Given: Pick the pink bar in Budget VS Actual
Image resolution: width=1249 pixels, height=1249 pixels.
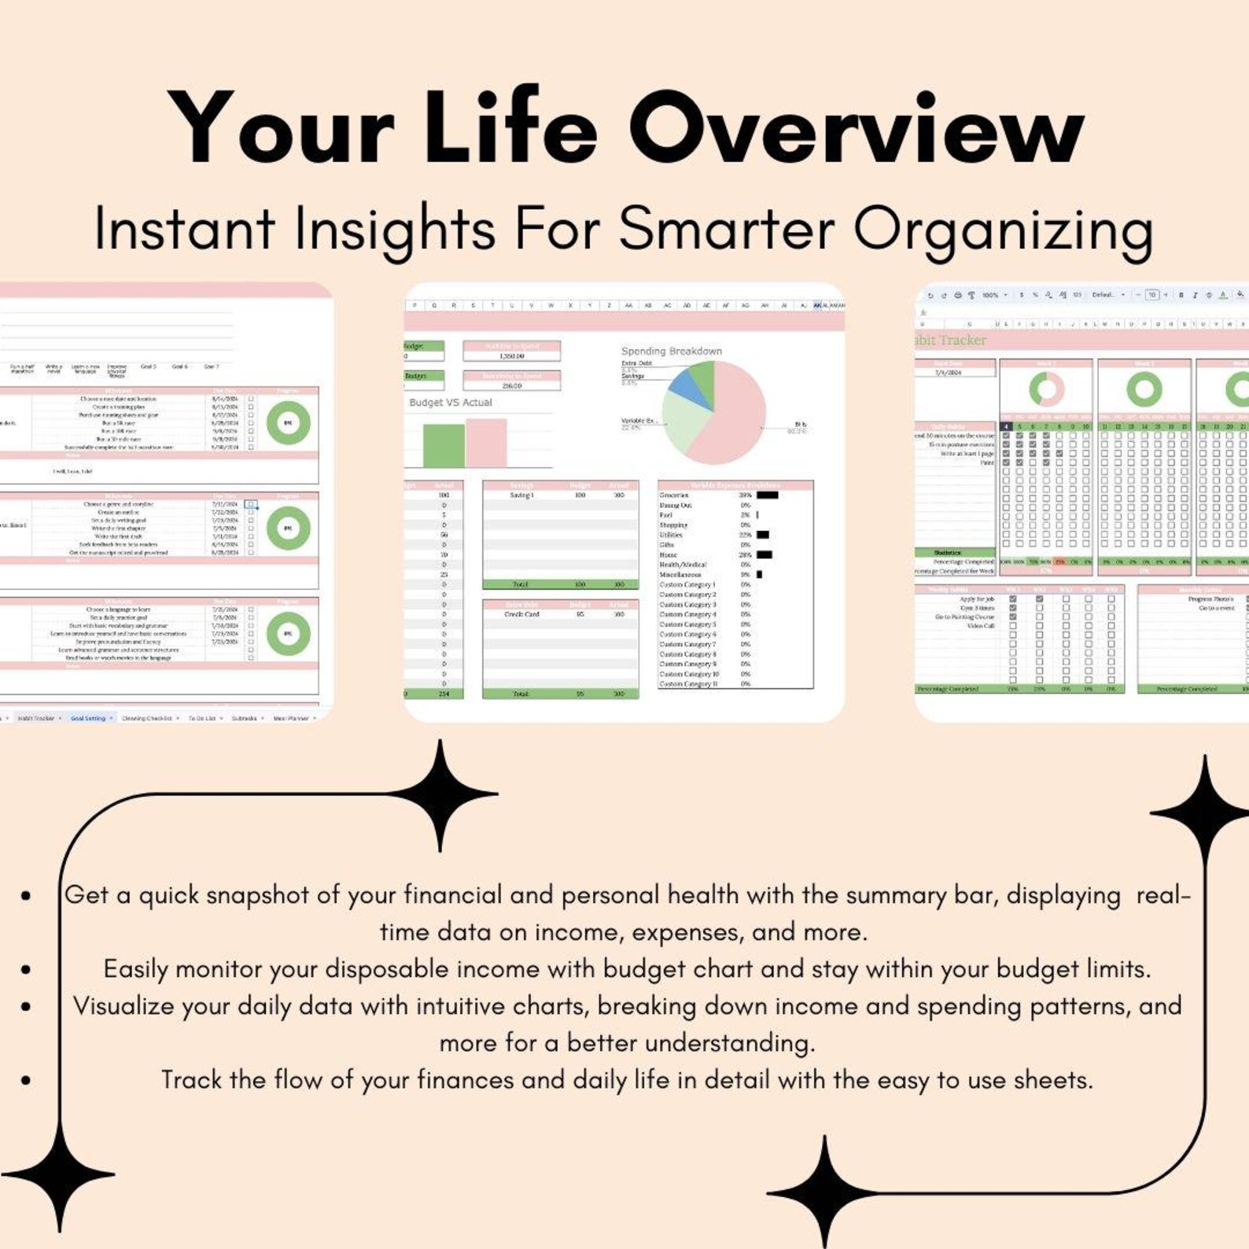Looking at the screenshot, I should point(486,443).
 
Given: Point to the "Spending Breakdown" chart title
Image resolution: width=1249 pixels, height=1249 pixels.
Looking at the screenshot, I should point(671,351).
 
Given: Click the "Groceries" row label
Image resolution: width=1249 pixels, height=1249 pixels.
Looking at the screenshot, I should point(674,496).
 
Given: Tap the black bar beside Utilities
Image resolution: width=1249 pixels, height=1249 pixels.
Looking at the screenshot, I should point(762,535).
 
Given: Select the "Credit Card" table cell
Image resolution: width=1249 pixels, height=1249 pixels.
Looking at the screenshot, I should point(521,614).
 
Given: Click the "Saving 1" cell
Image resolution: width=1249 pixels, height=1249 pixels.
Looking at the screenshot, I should point(521,496).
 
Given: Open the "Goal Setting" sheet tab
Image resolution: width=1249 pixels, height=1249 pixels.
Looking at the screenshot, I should point(87,718).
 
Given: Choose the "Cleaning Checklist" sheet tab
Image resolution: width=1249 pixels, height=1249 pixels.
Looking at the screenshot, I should point(146,718).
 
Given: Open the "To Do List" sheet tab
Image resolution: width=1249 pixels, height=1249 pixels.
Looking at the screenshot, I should point(201,718).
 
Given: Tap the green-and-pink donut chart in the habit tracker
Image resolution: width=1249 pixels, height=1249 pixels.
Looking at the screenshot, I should point(1046,389).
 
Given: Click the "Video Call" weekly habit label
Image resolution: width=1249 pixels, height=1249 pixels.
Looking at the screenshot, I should point(980,626).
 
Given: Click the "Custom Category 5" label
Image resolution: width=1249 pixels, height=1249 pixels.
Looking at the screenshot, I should point(687,624).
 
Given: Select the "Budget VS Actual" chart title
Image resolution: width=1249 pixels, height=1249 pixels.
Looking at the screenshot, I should point(451,402).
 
